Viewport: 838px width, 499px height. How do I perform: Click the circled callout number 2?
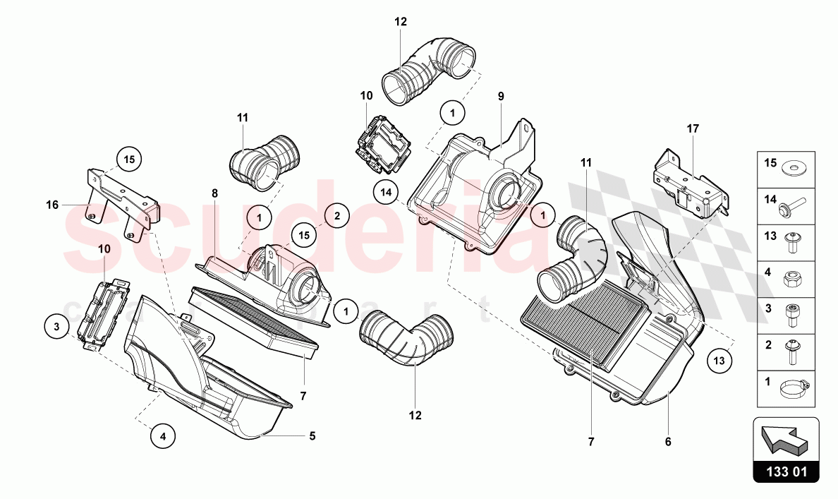click(x=336, y=216)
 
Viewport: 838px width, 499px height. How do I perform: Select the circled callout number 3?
click(x=56, y=326)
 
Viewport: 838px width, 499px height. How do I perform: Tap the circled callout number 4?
click(x=163, y=436)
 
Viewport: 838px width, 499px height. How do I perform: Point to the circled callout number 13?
click(x=718, y=361)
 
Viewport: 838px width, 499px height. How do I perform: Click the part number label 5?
click(x=311, y=436)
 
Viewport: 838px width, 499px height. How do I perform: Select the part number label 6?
click(x=667, y=442)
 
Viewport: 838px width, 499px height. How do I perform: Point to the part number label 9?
click(x=500, y=95)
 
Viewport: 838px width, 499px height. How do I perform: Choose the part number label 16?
click(x=51, y=205)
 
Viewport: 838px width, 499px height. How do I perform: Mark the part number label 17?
click(x=693, y=129)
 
